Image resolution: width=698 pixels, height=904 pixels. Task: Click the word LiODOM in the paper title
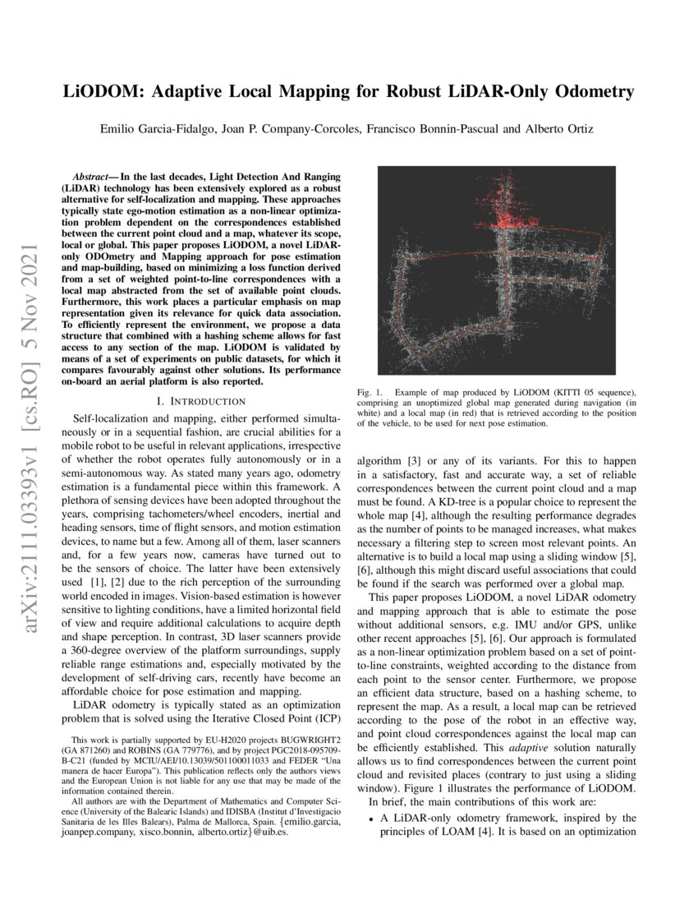104,92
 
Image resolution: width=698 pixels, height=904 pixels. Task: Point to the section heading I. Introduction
200,401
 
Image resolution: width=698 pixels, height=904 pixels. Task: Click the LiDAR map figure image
496,270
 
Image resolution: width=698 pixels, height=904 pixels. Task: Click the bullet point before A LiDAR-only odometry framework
371,819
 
